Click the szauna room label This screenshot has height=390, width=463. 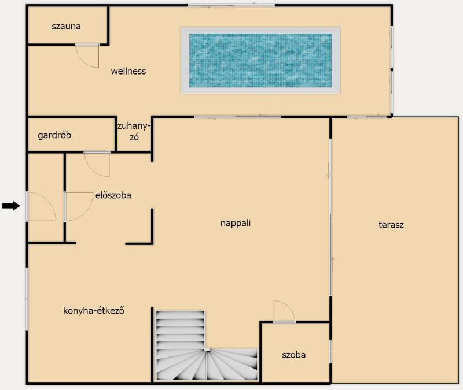66,26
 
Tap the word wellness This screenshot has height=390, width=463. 128,71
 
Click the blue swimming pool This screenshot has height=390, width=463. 260,61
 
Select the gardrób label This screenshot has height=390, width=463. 54,135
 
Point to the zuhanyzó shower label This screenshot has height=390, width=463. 134,132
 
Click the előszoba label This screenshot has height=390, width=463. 113,195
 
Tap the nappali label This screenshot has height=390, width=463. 236,223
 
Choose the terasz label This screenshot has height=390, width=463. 391,225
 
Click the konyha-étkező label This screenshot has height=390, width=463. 94,310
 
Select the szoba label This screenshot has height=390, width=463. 294,355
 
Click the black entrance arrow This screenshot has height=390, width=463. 11,206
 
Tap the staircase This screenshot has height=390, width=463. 207,345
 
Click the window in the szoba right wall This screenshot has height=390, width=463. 330,351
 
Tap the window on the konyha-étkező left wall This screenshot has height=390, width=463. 27,299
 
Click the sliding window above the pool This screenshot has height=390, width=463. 232,5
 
